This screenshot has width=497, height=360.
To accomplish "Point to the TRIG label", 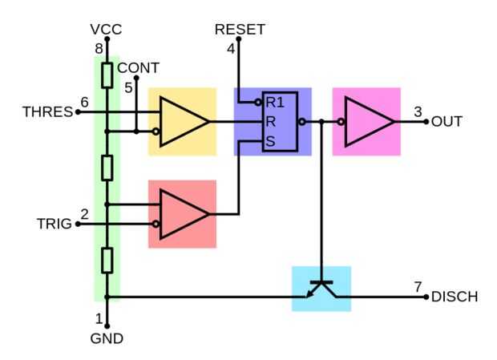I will click(x=55, y=224).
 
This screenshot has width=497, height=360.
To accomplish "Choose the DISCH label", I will click(x=455, y=297).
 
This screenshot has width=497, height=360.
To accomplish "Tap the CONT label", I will click(x=138, y=67).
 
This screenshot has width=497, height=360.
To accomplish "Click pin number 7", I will click(x=418, y=286).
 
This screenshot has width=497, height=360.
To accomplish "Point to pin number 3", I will click(x=418, y=111).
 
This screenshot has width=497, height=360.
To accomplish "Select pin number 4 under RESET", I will click(x=232, y=48).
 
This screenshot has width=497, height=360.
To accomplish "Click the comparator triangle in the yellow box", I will click(x=182, y=122).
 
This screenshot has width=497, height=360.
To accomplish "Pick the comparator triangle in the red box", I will click(x=182, y=214).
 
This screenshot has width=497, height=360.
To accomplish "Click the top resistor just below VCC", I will click(x=106, y=75).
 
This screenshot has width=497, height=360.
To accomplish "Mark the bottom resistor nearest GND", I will click(x=106, y=261).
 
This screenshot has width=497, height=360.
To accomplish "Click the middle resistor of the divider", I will click(x=106, y=168).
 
